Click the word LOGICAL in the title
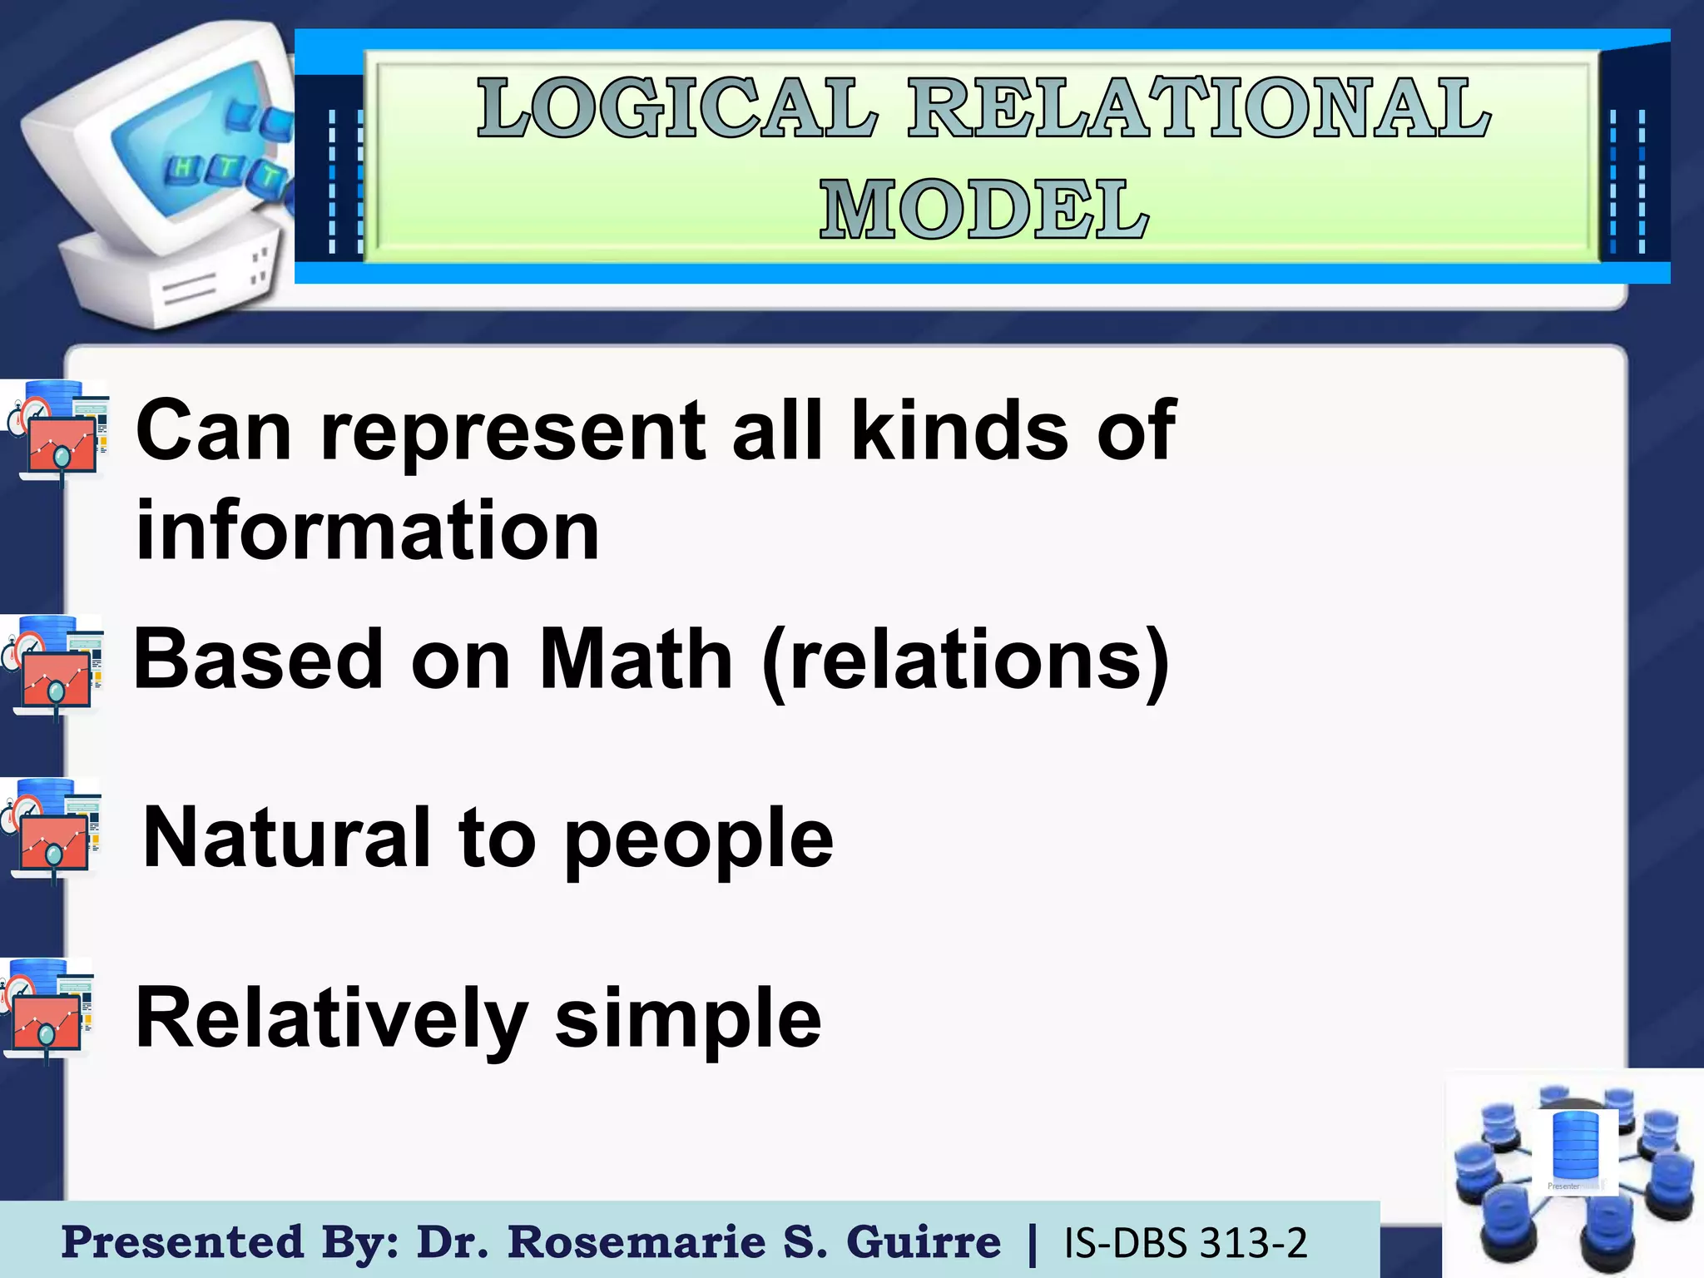678,108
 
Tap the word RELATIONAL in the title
1198,108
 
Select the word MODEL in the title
984,210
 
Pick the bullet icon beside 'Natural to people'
52,830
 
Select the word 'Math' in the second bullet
636,659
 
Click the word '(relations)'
966,661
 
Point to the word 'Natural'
286,837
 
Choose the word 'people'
698,840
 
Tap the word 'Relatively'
330,1018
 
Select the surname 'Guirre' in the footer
924,1242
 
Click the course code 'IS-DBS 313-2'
1186,1243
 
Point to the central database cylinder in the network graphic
1575,1148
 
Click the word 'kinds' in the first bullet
959,430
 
